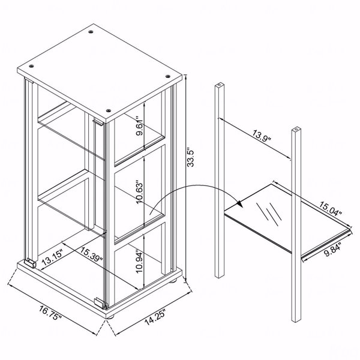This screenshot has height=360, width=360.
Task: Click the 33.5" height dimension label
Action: (191, 157)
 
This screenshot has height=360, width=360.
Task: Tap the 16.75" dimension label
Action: (50, 313)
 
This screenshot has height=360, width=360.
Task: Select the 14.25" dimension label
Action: (155, 317)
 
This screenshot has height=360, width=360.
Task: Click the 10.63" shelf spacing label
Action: (139, 192)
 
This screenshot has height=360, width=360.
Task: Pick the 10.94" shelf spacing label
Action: (139, 262)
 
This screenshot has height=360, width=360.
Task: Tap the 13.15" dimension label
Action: (52, 257)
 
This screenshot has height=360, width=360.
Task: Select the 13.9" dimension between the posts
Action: (262, 136)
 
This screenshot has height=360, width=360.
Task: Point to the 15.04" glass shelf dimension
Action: (331, 209)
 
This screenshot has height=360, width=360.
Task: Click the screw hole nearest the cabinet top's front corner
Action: (109, 110)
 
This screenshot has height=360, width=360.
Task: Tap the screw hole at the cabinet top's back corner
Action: (91, 32)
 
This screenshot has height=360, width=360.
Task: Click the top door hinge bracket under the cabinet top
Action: (98, 122)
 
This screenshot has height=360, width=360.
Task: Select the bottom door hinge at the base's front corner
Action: (100, 302)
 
